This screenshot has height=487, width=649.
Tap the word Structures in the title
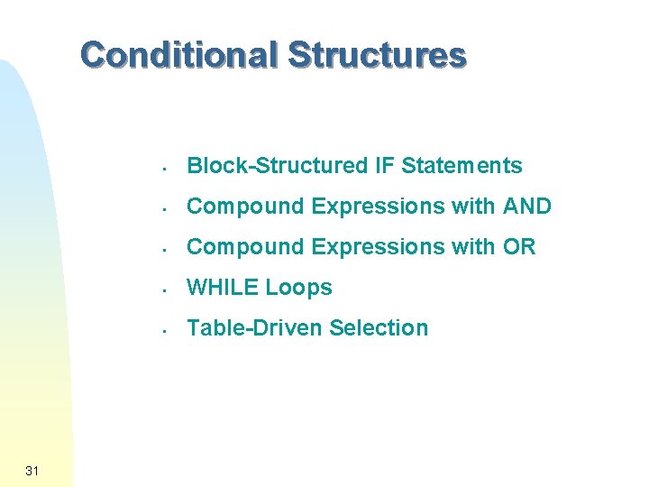click(x=377, y=56)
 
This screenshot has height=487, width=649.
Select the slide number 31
click(x=32, y=470)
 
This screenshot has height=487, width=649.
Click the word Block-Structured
click(x=275, y=166)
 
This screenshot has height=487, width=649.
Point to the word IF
click(x=383, y=166)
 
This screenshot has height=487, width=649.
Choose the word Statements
click(x=462, y=166)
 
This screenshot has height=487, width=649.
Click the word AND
click(x=526, y=207)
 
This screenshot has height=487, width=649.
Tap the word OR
click(x=520, y=247)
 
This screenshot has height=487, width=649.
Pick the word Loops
click(x=298, y=288)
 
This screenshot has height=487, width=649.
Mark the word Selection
click(x=379, y=328)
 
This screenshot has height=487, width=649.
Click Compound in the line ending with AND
click(x=245, y=207)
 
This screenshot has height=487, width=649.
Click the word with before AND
click(x=473, y=207)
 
